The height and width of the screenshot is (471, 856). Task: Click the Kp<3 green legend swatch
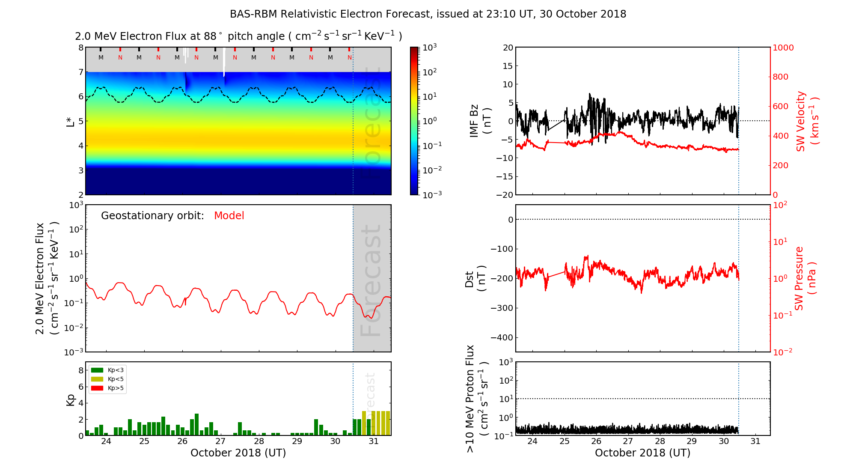pos(97,370)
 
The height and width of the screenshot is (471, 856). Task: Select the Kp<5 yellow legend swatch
pos(97,379)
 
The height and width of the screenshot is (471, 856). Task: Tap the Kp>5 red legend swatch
pos(97,388)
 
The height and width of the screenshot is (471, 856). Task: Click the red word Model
pos(229,216)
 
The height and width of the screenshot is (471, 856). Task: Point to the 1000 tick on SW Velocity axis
pos(783,48)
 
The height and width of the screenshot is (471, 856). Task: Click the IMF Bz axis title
pos(480,122)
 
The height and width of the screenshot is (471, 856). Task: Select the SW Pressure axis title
pos(805,278)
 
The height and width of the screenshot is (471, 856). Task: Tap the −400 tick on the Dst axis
pos(501,337)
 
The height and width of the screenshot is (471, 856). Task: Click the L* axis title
pos(71,121)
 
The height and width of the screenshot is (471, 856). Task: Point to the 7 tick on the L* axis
pos(81,72)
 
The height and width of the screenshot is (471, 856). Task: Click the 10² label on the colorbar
pos(429,72)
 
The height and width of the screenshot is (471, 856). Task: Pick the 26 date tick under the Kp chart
pos(182,441)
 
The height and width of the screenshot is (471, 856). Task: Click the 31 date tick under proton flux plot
pos(755,441)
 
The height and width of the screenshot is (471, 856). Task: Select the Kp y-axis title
pos(71,399)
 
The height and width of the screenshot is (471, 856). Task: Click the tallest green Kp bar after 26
pos(196,424)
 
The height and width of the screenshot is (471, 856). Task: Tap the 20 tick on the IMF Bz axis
pos(508,48)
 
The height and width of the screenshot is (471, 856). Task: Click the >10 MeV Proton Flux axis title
pos(476,399)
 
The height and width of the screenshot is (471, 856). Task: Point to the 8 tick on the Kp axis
pos(81,370)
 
